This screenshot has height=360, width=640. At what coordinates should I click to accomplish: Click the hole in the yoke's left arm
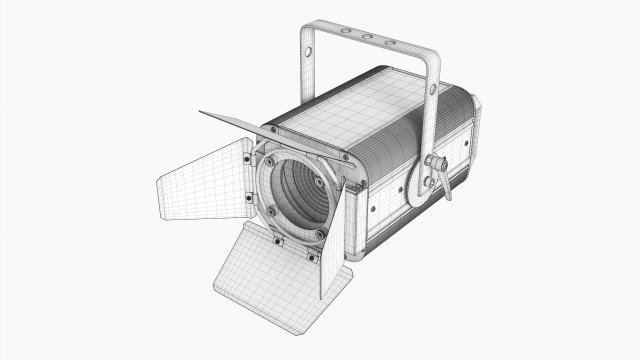coord(310,50)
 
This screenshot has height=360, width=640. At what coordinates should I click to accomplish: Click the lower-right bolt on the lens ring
coord(319,234)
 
